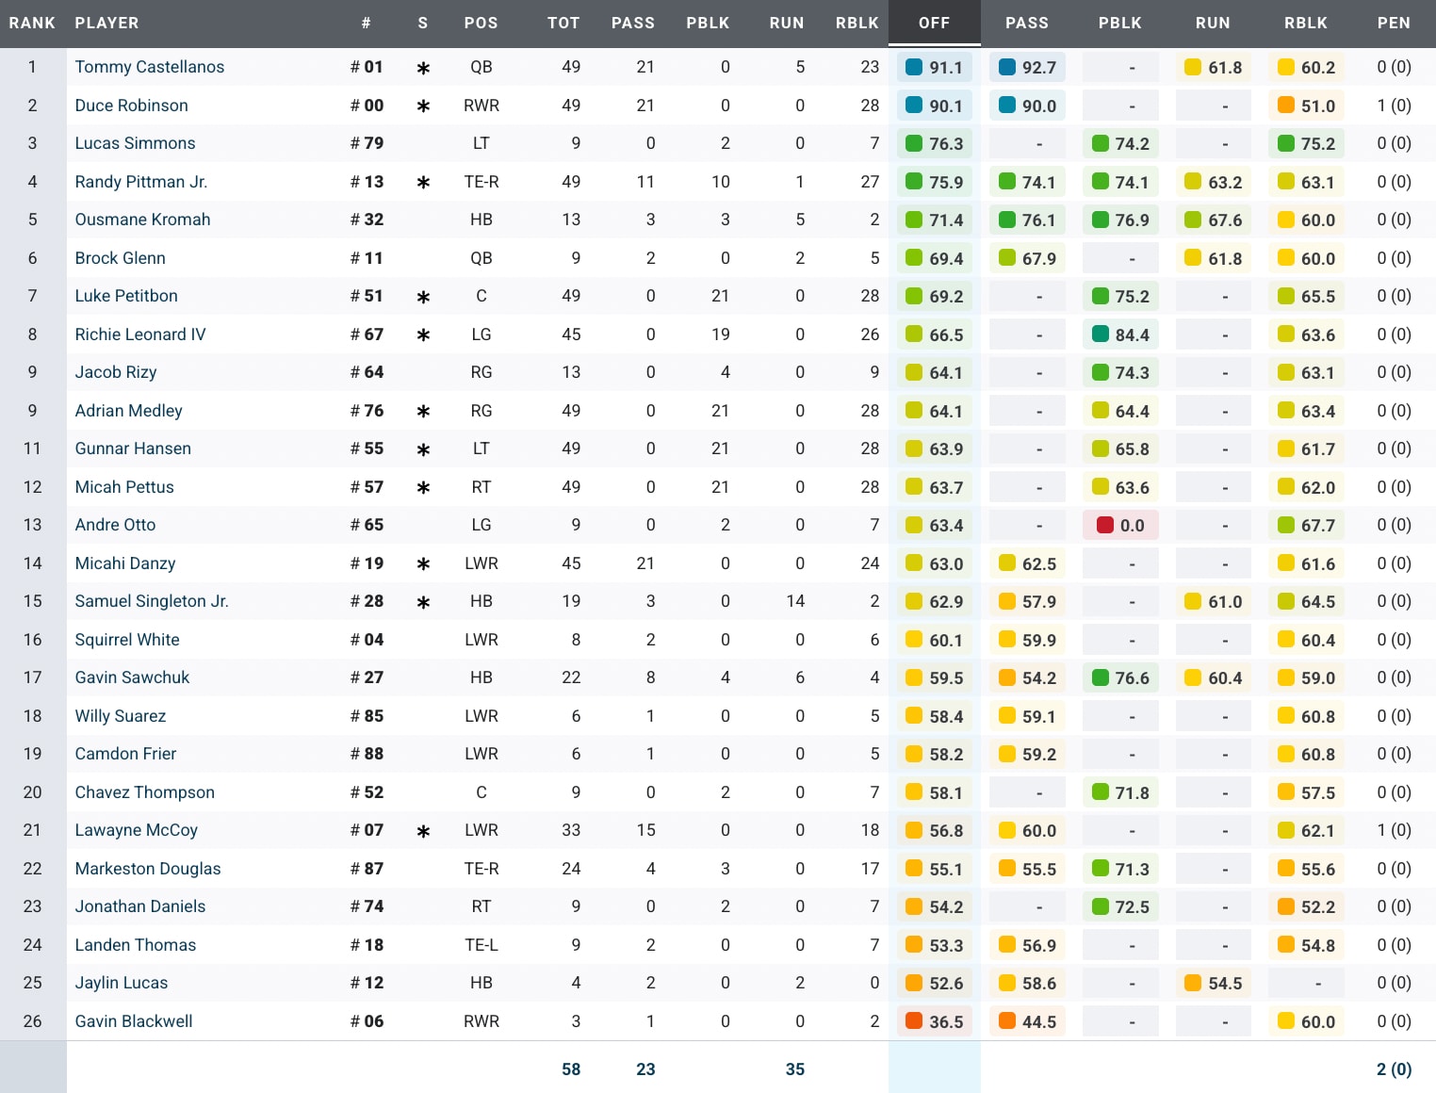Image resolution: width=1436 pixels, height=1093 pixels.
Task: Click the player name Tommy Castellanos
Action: pyautogui.click(x=149, y=67)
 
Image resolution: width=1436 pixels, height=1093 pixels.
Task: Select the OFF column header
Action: pyautogui.click(x=934, y=23)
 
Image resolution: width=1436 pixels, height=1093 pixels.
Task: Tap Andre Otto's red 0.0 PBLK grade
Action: pyautogui.click(x=1121, y=526)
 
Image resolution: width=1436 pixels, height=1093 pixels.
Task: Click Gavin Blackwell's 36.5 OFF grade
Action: pyautogui.click(x=935, y=1021)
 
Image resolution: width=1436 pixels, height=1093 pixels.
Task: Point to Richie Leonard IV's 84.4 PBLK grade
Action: pyautogui.click(x=1121, y=334)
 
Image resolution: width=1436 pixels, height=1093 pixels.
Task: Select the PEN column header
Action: pyautogui.click(x=1394, y=23)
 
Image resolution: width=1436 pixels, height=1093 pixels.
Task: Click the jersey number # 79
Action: pyautogui.click(x=367, y=143)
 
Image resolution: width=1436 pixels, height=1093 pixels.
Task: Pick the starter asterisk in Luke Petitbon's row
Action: pyautogui.click(x=423, y=297)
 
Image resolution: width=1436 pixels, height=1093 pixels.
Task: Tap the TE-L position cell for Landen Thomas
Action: pyautogui.click(x=481, y=945)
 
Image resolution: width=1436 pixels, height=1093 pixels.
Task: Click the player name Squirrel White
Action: pyautogui.click(x=127, y=640)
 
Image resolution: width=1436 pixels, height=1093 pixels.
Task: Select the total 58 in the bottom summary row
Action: pyautogui.click(x=571, y=1069)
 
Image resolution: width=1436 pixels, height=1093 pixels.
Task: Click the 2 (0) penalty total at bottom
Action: pyautogui.click(x=1394, y=1069)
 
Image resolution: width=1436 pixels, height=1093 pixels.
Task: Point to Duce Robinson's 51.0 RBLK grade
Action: pyautogui.click(x=1307, y=106)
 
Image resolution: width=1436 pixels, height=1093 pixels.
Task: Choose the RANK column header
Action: pyautogui.click(x=32, y=23)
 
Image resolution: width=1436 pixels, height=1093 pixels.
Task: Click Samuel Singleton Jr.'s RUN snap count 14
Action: pyautogui.click(x=795, y=601)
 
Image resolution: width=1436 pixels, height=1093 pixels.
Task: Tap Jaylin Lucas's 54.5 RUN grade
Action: pyautogui.click(x=1214, y=984)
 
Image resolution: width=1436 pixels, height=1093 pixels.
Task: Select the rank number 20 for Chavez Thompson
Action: pyautogui.click(x=32, y=792)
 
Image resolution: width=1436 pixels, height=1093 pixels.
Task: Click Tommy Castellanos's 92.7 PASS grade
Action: pyautogui.click(x=1028, y=68)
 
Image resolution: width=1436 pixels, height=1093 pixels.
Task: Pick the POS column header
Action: pyautogui.click(x=481, y=23)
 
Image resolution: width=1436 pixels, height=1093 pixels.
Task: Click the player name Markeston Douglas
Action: pyautogui.click(x=148, y=869)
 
